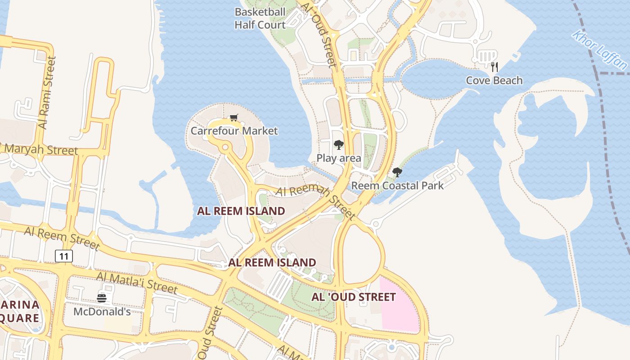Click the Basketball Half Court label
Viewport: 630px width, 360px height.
[260, 18]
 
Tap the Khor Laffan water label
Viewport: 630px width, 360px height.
[599, 49]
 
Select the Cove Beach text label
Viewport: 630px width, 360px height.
[494, 81]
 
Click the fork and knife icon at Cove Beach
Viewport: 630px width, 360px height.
[495, 67]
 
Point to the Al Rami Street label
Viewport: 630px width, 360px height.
[48, 92]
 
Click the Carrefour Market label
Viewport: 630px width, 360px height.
[234, 131]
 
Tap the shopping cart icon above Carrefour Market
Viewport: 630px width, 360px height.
[234, 118]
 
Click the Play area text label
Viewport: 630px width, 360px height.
[338, 158]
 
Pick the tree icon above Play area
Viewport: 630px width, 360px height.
[338, 145]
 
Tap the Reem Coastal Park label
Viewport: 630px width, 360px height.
[397, 185]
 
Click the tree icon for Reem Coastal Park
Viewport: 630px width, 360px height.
[397, 172]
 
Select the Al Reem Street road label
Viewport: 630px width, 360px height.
[62, 238]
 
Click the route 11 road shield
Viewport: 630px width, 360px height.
[64, 256]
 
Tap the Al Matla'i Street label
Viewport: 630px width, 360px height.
[137, 282]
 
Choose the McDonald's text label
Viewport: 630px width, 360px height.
[102, 311]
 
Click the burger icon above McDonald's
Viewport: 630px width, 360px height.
[102, 298]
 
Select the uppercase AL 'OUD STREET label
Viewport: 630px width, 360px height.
[354, 297]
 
